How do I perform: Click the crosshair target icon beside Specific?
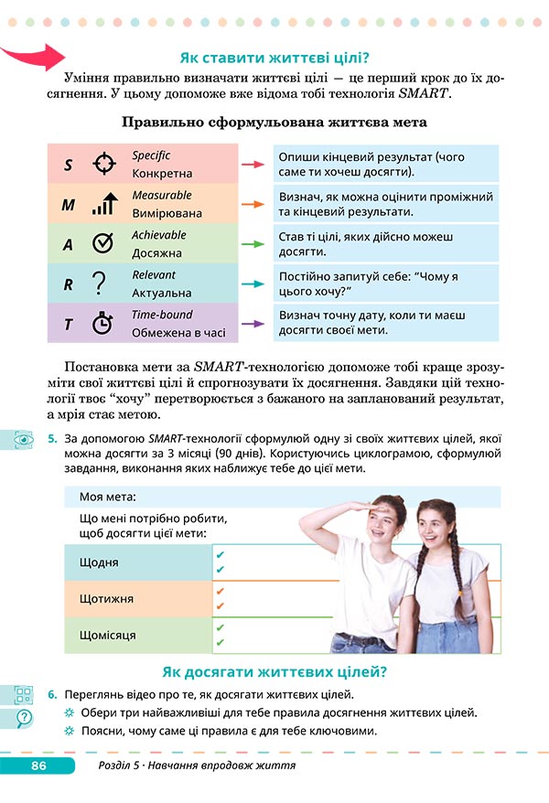click(105, 165)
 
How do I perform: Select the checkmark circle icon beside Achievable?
click(103, 244)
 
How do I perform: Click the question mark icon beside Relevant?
click(101, 284)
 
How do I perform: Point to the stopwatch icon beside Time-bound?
click(103, 323)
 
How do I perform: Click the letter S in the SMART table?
click(68, 166)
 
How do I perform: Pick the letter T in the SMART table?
click(68, 324)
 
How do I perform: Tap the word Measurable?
click(162, 195)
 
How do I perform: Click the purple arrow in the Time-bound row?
click(253, 323)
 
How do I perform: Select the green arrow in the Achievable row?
click(253, 244)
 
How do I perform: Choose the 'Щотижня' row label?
click(107, 599)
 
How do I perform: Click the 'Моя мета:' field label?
click(108, 497)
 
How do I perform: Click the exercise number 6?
click(53, 694)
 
